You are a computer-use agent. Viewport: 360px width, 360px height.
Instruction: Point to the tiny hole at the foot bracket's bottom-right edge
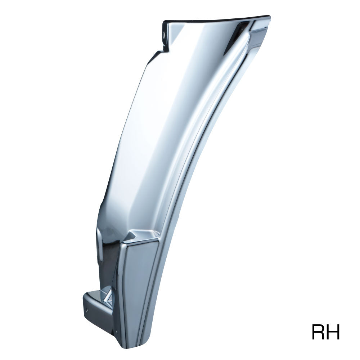click(117, 331)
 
